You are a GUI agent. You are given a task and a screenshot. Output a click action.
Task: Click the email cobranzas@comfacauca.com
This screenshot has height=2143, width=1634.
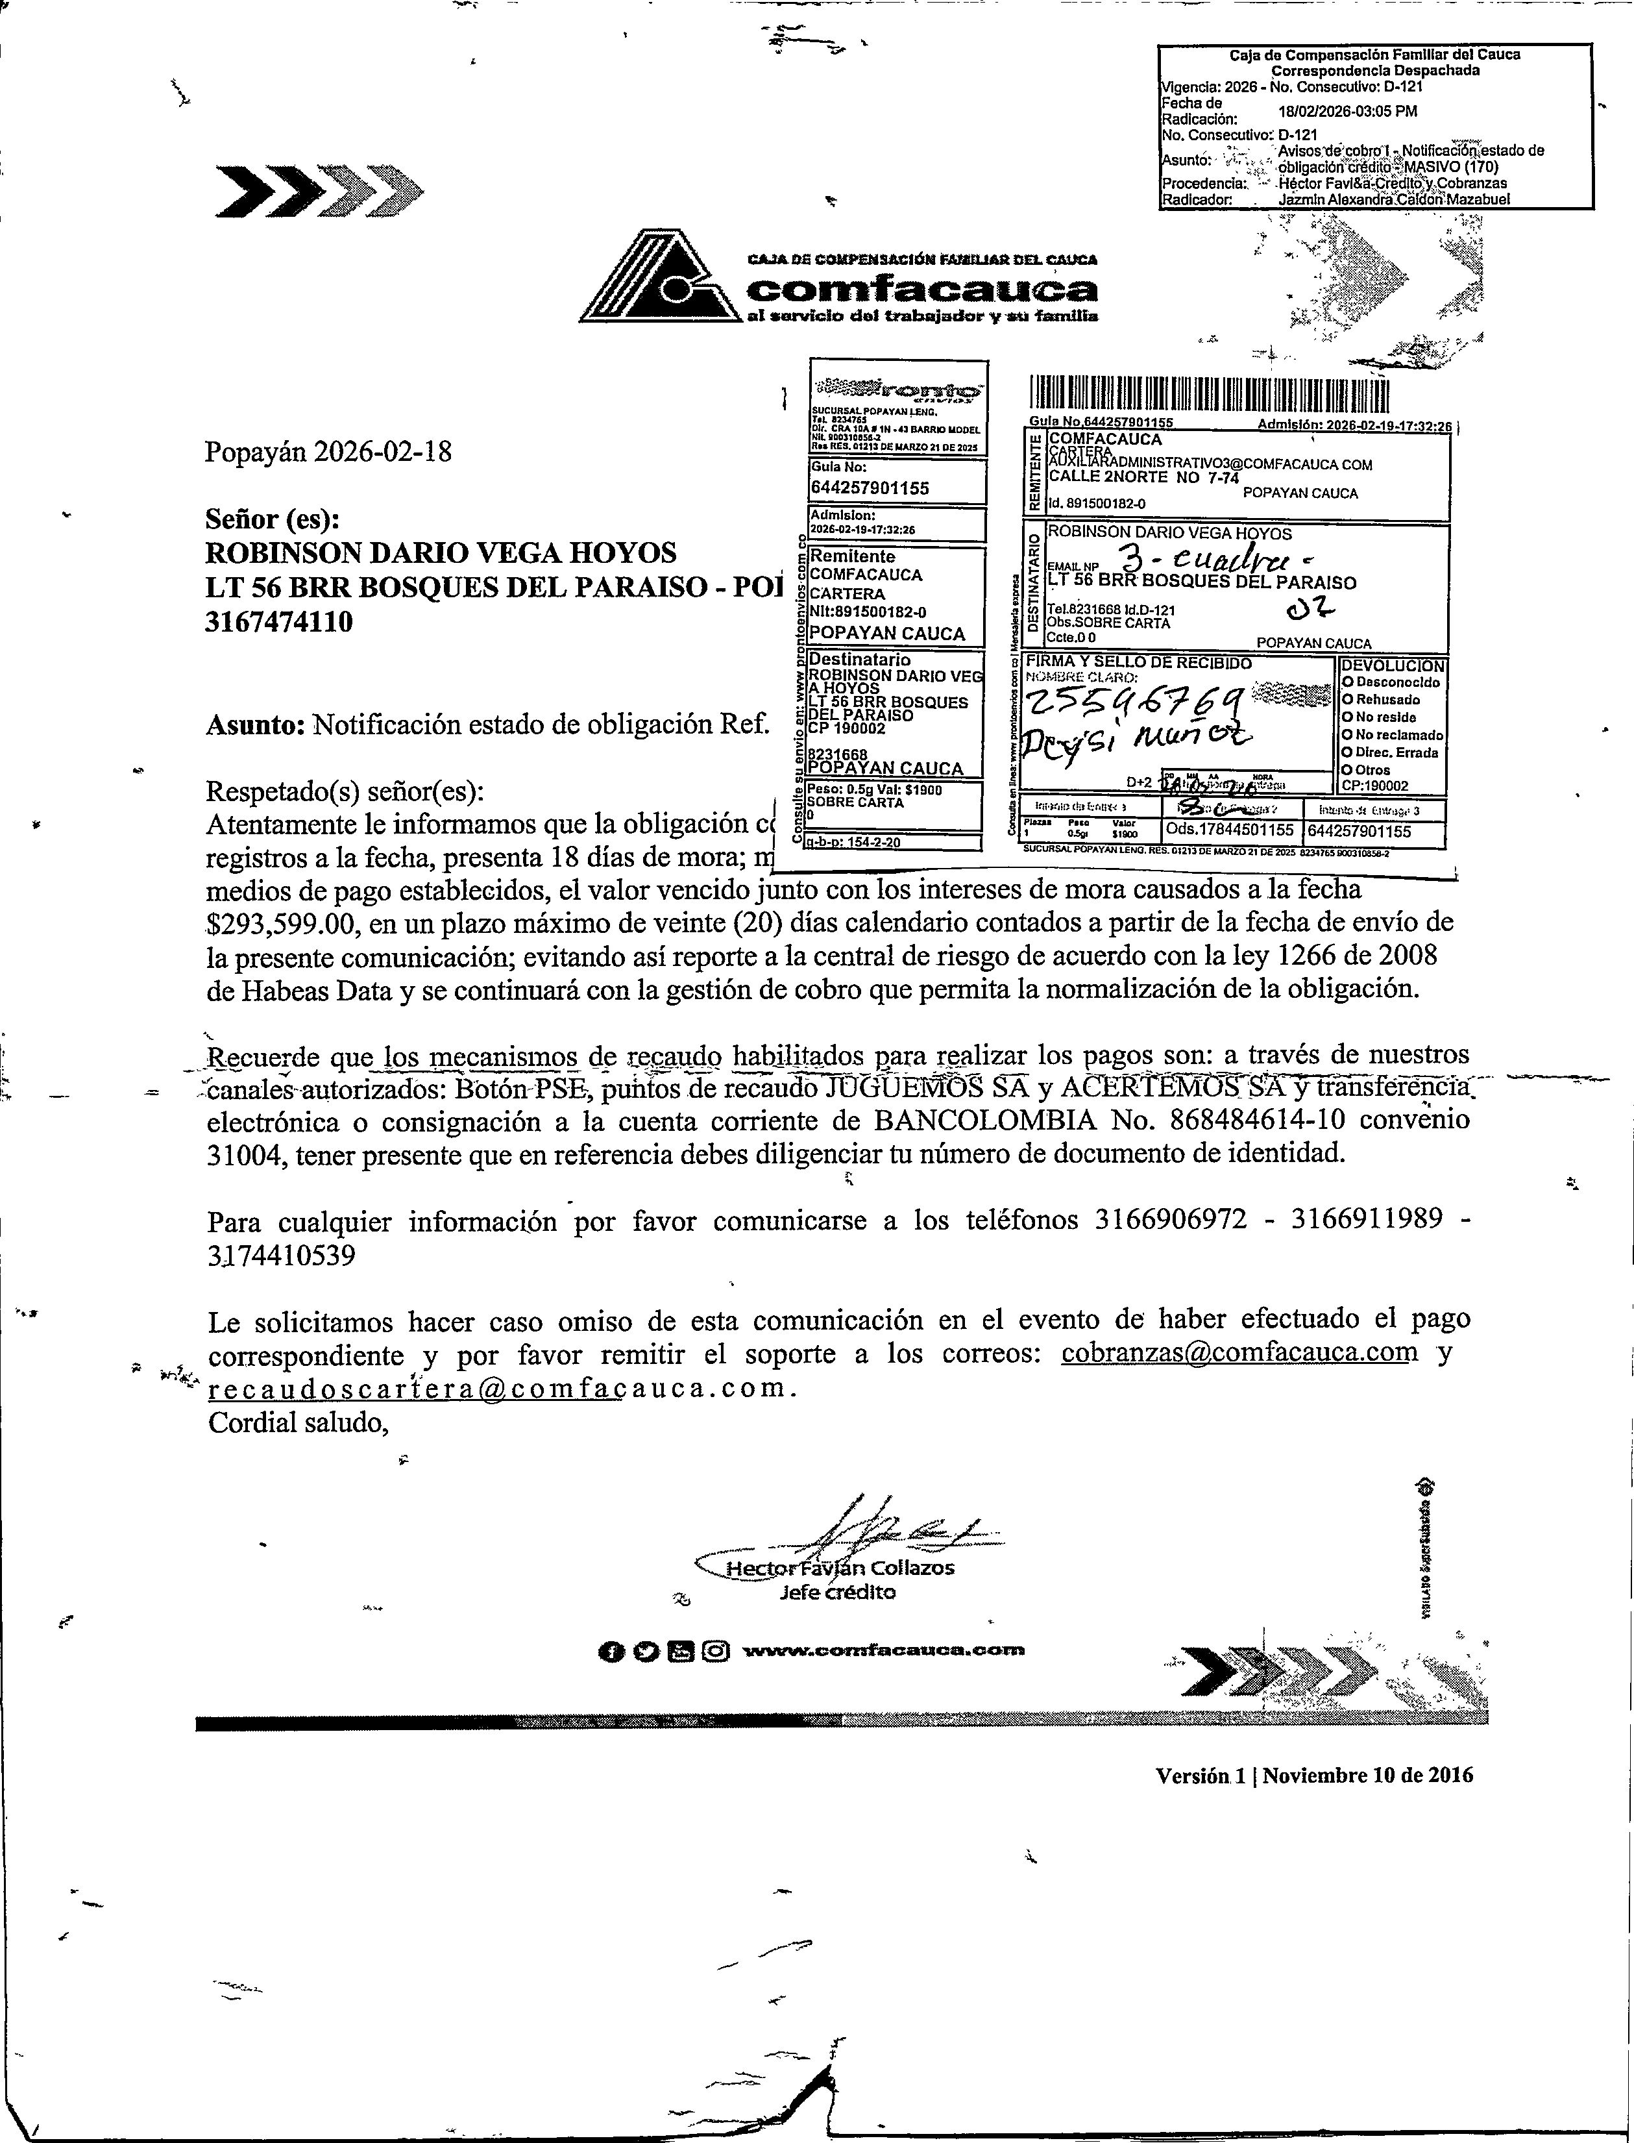pyautogui.click(x=1239, y=1352)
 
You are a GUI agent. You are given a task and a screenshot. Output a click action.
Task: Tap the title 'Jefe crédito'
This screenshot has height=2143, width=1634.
pyautogui.click(x=837, y=1592)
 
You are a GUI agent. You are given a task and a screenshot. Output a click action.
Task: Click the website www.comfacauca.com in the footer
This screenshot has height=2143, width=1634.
pyautogui.click(x=883, y=1650)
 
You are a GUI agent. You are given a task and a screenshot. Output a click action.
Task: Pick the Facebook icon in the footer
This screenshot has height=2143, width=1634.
pyautogui.click(x=610, y=1651)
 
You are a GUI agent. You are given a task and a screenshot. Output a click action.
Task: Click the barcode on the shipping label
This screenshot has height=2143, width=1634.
pyautogui.click(x=1209, y=394)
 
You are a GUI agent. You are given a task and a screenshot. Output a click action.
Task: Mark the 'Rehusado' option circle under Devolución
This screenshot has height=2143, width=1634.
pyautogui.click(x=1348, y=699)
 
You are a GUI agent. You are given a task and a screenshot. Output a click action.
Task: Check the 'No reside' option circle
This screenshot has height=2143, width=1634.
pyautogui.click(x=1348, y=717)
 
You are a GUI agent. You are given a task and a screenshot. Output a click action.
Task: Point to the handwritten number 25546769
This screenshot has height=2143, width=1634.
pyautogui.click(x=1123, y=699)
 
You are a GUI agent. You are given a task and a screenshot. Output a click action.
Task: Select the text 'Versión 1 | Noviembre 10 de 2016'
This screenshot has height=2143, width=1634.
pyautogui.click(x=1314, y=1776)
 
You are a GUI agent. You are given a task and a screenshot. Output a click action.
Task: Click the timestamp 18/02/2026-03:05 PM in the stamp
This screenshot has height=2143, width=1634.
pyautogui.click(x=1347, y=111)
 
